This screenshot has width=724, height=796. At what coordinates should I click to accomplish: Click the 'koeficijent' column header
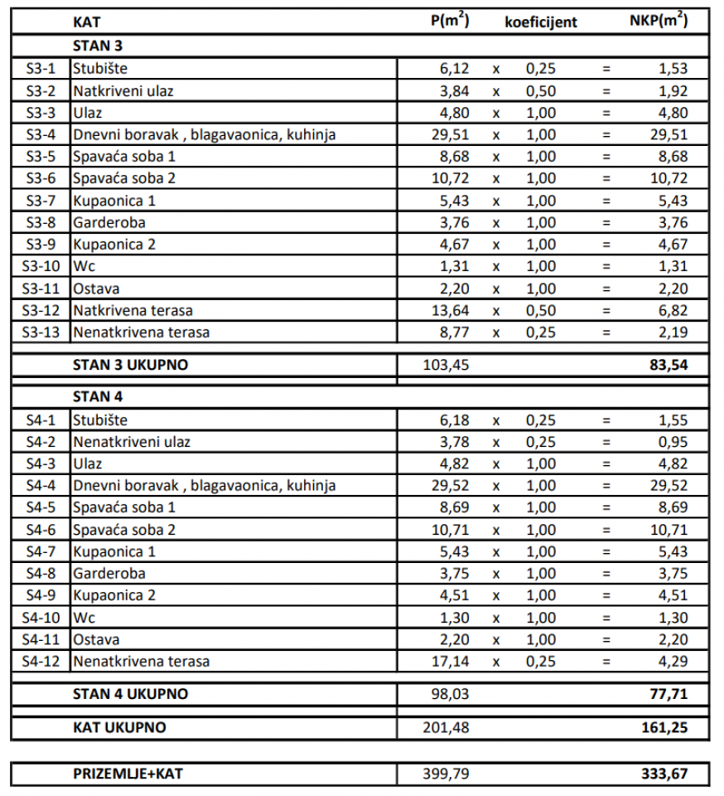point(541,22)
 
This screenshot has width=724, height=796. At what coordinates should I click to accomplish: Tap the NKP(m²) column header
point(659,22)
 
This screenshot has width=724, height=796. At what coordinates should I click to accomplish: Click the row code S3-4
point(41,134)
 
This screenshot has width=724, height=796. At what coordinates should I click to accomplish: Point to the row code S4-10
point(41,618)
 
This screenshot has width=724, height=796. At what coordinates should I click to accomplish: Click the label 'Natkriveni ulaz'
point(123,90)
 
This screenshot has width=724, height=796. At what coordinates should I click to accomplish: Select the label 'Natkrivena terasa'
point(133,310)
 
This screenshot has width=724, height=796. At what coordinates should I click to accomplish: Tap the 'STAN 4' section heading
point(98,396)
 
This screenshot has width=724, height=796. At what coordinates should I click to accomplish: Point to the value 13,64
point(451,310)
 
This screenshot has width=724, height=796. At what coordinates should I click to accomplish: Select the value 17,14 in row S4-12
point(451,662)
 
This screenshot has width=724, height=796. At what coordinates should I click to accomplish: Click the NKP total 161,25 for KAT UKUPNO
point(664,728)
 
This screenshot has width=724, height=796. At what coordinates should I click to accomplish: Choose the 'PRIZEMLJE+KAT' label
point(128,774)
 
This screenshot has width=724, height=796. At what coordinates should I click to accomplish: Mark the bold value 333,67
point(664,774)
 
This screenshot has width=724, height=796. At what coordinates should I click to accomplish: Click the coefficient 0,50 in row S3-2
point(541,90)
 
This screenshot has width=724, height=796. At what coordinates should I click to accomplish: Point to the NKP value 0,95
point(673,442)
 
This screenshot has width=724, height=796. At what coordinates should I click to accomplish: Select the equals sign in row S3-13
point(606,332)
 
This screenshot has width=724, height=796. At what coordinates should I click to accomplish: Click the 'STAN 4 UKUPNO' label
point(130,693)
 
